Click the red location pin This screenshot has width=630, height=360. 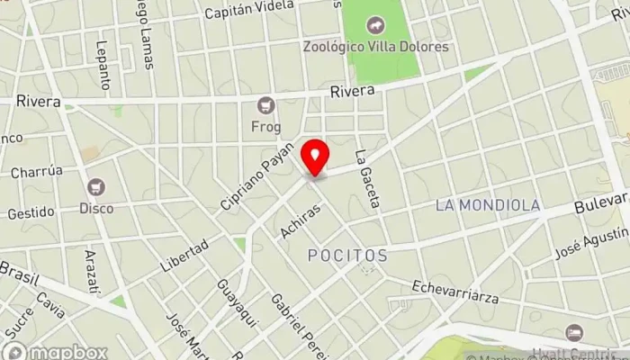pos(315,158)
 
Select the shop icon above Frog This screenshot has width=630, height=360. pos(265,106)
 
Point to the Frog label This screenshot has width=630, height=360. pos(265,127)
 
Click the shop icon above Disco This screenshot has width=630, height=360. pos(96,187)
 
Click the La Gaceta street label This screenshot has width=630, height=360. pos(369,179)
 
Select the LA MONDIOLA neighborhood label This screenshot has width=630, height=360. pos(488,205)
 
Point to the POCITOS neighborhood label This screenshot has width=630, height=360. pos(347,256)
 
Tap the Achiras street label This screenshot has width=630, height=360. pos(300,220)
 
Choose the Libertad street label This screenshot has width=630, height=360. pos(184,256)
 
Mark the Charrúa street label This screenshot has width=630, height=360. pos(37,170)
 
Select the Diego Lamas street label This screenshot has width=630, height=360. pos(144,36)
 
